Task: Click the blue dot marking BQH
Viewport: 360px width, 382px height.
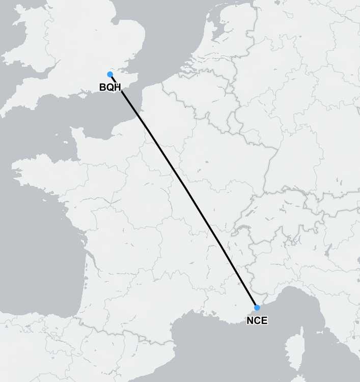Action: pyautogui.click(x=110, y=74)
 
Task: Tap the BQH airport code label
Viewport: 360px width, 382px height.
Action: pyautogui.click(x=110, y=88)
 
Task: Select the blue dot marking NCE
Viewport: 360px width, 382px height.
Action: pyautogui.click(x=257, y=308)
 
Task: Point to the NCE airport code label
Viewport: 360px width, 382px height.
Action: pyautogui.click(x=257, y=321)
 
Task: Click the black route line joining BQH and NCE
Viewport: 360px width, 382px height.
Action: pyautogui.click(x=183, y=191)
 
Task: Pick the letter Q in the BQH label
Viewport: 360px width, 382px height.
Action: pyautogui.click(x=110, y=88)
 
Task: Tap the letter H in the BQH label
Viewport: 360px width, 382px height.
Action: pyautogui.click(x=117, y=88)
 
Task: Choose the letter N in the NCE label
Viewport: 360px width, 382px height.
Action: pyautogui.click(x=250, y=321)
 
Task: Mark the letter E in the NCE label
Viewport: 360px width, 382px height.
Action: pyautogui.click(x=264, y=321)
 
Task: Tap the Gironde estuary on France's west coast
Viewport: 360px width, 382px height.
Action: pyautogui.click(x=87, y=255)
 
